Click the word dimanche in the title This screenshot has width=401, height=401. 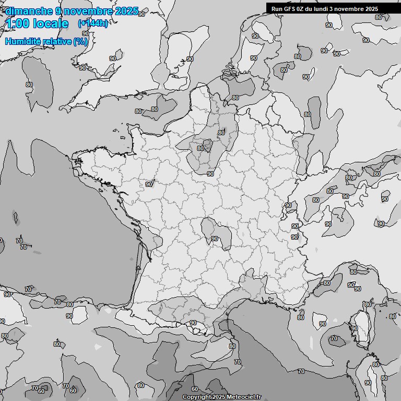click(x=29, y=11)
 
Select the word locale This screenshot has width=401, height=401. click(x=50, y=23)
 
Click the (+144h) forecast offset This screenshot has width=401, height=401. click(x=93, y=23)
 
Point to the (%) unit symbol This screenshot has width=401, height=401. click(x=81, y=41)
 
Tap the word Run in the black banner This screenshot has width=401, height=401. click(x=277, y=8)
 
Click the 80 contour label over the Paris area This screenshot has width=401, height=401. click(x=200, y=148)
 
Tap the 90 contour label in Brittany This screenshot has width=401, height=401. click(x=149, y=184)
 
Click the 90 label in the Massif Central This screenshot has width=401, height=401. click(x=214, y=239)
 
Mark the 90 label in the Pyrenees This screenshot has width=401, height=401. click(x=193, y=323)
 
